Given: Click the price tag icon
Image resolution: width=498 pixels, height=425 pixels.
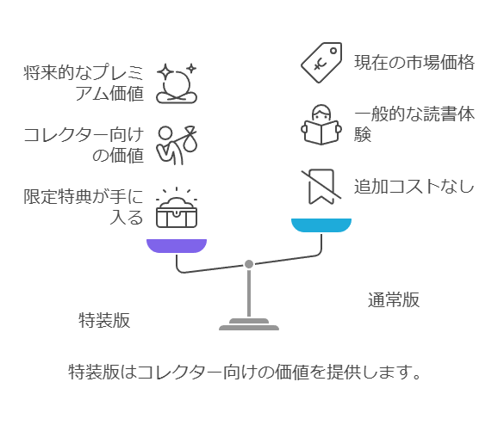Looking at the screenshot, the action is [x=321, y=63].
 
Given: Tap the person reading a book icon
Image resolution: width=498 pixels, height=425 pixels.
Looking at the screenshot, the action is [x=321, y=125].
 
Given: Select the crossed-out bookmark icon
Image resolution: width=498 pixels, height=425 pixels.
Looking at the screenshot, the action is [x=321, y=187].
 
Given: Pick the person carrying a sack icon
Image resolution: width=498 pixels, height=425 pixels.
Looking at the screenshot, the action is [x=177, y=145].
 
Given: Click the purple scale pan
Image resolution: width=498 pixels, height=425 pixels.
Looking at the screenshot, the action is [x=177, y=246].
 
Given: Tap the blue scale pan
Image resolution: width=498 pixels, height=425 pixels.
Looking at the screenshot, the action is [x=321, y=225].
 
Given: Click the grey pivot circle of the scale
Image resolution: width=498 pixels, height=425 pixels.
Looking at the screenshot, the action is [x=249, y=264].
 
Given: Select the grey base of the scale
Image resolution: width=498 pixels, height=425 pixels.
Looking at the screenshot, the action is [x=249, y=324].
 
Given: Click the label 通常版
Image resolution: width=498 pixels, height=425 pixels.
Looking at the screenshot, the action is [x=394, y=299].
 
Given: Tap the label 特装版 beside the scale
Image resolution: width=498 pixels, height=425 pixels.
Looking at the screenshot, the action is [x=104, y=320].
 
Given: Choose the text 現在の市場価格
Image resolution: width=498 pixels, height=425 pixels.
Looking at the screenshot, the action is [x=414, y=62].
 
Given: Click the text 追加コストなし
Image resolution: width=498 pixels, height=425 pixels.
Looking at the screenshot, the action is [x=414, y=186].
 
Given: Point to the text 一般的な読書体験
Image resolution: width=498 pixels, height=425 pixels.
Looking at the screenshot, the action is [x=414, y=124].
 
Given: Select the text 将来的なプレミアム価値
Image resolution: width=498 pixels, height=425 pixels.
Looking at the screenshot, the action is [x=84, y=83].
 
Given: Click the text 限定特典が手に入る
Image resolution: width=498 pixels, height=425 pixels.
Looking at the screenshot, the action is [x=84, y=206].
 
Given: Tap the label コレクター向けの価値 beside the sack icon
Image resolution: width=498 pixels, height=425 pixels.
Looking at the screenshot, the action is [x=84, y=145].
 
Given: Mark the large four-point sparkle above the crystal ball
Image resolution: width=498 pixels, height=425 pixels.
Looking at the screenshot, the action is [x=165, y=72].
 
